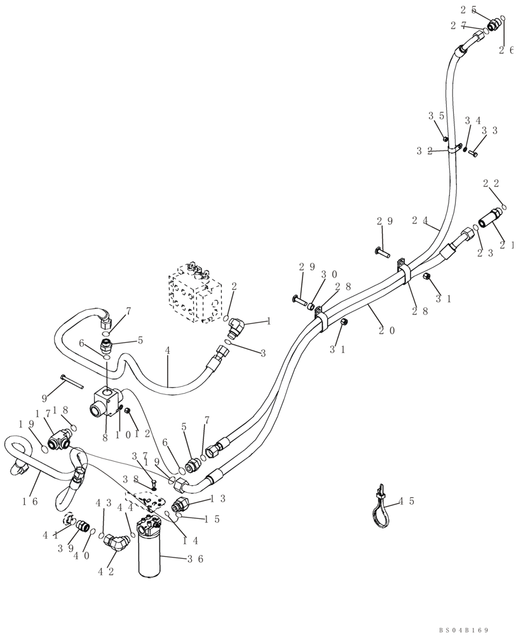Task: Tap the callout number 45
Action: coord(411,501)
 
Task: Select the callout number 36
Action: coord(193,559)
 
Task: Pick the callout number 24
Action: coord(420,221)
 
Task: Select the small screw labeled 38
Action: coord(154,487)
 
